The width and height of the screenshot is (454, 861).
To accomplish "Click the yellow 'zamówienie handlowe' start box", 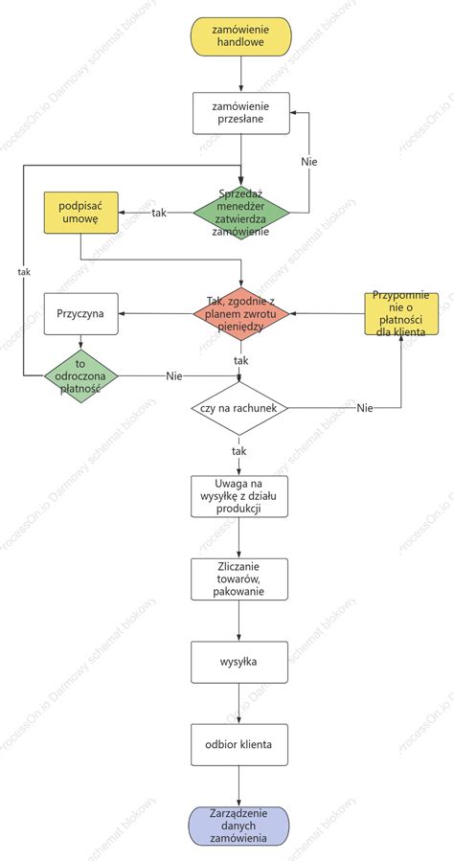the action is [x=241, y=36].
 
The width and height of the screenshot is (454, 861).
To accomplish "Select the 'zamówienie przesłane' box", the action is [x=241, y=113].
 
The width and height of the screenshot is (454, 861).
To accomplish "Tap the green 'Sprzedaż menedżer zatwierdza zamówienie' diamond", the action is [x=241, y=212].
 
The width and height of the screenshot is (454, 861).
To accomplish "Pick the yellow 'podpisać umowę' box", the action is [x=81, y=213].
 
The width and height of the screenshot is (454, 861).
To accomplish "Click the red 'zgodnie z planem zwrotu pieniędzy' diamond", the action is [x=241, y=313].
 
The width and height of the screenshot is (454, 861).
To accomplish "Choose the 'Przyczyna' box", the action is [x=81, y=313].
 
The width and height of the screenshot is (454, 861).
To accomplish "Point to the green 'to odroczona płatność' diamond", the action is [x=81, y=376].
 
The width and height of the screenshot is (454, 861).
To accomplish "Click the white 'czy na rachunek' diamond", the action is [x=239, y=409].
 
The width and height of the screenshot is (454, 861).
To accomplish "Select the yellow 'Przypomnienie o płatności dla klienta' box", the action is [x=401, y=313].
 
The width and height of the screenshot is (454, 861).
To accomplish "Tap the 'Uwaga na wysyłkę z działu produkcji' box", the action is [x=239, y=496].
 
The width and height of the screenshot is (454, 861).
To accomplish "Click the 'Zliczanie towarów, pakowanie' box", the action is [x=239, y=579].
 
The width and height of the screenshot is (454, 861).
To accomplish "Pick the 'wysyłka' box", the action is [x=239, y=662].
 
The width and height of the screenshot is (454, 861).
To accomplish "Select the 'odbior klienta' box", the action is [x=239, y=744].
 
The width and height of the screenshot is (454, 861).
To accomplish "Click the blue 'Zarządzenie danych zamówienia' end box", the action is [x=239, y=826].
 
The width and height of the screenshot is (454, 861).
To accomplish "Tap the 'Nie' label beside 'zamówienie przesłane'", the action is [x=309, y=162].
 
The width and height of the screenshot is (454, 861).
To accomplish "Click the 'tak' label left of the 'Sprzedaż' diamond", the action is [x=159, y=213].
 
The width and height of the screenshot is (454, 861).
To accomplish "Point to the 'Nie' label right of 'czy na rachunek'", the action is [x=365, y=408].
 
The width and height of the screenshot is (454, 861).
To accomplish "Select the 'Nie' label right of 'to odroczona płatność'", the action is [x=174, y=376].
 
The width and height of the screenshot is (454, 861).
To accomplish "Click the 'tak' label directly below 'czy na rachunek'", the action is [x=239, y=451].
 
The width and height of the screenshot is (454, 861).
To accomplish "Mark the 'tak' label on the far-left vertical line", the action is [x=24, y=271].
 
